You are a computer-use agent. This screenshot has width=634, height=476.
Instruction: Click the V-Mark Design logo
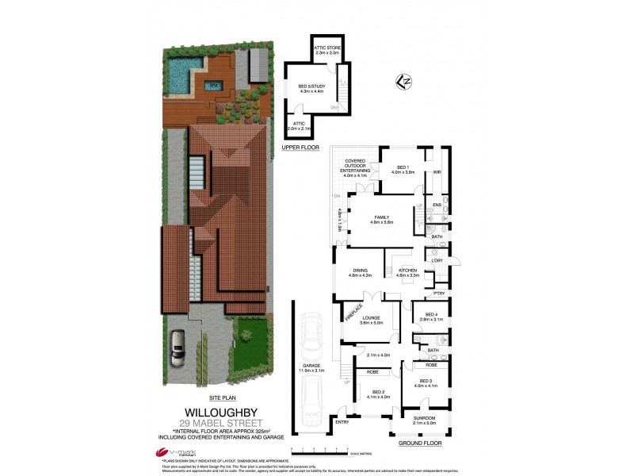tap(180, 453)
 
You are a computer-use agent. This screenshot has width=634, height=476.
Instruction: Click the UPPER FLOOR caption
tap(300, 148)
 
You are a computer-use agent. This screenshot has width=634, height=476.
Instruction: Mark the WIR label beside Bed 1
tap(437, 172)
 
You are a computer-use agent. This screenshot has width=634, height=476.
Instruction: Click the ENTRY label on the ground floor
tap(342, 423)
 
